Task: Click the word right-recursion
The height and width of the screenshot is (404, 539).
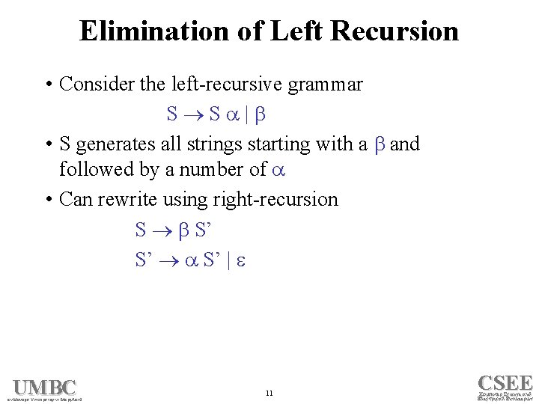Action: click(275, 200)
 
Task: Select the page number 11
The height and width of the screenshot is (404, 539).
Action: click(269, 393)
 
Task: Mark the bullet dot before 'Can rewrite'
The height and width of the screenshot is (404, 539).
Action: click(48, 200)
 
